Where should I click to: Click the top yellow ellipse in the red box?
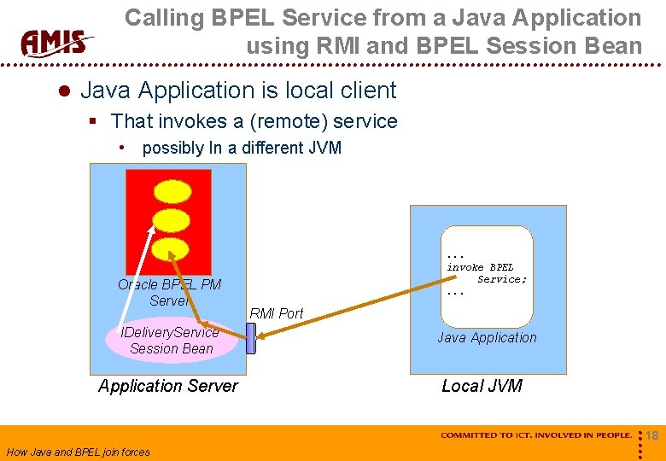[x=172, y=192]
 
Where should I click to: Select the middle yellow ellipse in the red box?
[x=172, y=220]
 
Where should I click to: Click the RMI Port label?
[x=276, y=313]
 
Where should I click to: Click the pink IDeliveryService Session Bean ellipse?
[x=172, y=340]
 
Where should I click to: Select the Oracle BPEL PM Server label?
[x=169, y=293]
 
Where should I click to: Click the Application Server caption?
[x=168, y=386]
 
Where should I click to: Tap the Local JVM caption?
[x=482, y=386]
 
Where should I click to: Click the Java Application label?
[x=487, y=337]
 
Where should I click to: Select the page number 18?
[x=651, y=436]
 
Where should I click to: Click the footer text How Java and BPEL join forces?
[x=78, y=452]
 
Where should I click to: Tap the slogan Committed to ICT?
[x=536, y=435]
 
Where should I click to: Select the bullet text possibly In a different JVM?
[x=242, y=148]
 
